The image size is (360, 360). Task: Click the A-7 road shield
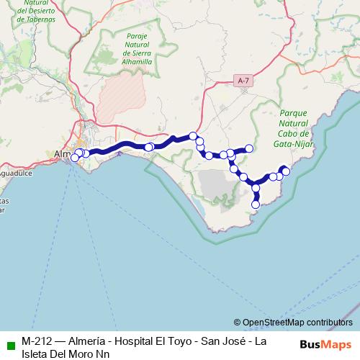(243, 83)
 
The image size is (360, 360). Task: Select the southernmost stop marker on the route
(254, 204)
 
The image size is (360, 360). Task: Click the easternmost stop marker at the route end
(285, 171)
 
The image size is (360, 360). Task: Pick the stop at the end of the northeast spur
(249, 148)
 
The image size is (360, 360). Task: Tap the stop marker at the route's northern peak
(193, 135)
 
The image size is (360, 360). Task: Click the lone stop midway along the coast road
(148, 148)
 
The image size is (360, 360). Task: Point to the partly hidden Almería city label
(63, 153)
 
